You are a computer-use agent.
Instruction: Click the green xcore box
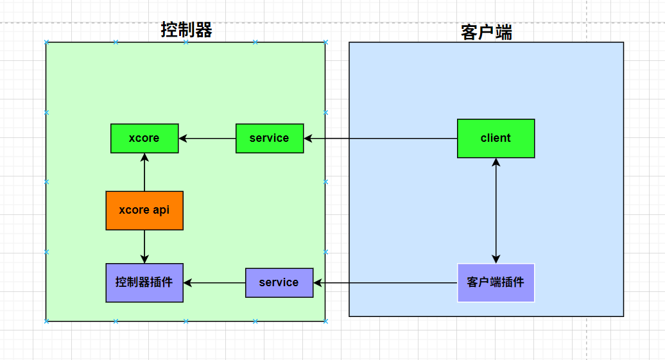[144, 138]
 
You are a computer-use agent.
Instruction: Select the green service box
[269, 138]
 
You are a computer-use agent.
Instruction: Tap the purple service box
[279, 282]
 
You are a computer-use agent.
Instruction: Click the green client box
[496, 138]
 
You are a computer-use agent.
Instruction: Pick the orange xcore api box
[144, 210]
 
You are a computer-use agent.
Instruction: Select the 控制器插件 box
[144, 282]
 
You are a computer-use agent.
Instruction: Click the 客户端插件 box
[496, 282]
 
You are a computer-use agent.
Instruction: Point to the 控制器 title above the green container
[186, 30]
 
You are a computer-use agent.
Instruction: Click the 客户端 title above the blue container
[487, 32]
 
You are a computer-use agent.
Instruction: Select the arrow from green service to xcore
[207, 138]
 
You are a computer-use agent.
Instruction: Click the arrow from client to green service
[380, 138]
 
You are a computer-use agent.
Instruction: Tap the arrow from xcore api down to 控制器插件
[144, 246]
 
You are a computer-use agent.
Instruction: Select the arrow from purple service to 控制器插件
[214, 282]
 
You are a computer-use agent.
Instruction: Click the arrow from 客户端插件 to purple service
[385, 282]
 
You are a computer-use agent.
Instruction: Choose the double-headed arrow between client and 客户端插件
[496, 210]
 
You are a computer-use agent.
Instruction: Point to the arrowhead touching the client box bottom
[496, 162]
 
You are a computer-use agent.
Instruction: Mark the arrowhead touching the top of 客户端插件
[496, 259]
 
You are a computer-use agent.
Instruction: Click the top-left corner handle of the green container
[46, 43]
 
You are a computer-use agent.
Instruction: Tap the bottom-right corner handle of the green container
[325, 320]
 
